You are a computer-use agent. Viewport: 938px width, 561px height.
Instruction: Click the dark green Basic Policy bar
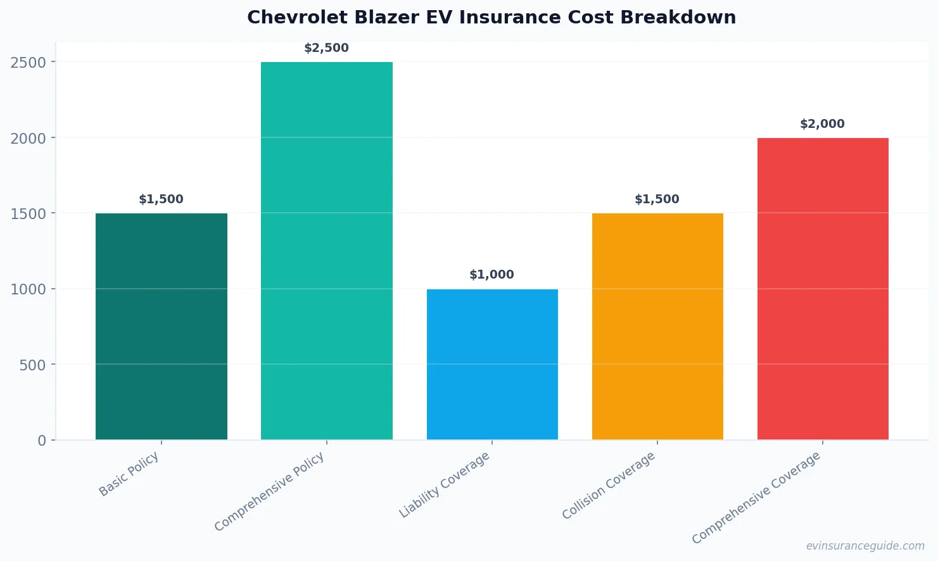(x=161, y=326)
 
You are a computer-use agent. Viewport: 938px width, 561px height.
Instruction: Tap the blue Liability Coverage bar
(x=492, y=364)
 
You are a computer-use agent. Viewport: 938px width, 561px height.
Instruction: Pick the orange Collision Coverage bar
(x=657, y=326)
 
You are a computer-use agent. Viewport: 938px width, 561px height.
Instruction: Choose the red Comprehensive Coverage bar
(x=823, y=289)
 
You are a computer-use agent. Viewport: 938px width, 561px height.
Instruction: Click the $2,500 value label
(x=326, y=48)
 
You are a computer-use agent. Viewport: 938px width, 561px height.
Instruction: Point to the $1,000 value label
(x=491, y=275)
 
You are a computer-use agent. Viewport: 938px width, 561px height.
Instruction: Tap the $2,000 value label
(x=822, y=124)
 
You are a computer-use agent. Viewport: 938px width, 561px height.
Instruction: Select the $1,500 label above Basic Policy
(x=161, y=199)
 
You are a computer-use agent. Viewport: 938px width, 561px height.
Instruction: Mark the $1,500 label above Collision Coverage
(x=657, y=199)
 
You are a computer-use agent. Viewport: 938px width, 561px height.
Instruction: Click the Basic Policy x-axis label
(x=129, y=474)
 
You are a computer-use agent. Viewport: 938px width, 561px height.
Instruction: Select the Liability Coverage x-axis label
(x=445, y=484)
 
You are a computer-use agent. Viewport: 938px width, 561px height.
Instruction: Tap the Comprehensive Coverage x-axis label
(x=756, y=497)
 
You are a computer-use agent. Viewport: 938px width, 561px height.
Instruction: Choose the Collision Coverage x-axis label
(x=609, y=485)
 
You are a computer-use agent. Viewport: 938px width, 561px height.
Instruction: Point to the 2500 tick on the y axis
(x=29, y=62)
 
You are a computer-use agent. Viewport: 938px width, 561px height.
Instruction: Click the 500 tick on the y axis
(x=33, y=365)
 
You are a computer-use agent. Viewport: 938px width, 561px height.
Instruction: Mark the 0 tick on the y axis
(x=42, y=441)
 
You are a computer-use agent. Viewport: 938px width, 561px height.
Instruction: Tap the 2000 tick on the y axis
(x=29, y=138)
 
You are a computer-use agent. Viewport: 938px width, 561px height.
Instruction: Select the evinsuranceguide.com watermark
(x=865, y=546)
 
